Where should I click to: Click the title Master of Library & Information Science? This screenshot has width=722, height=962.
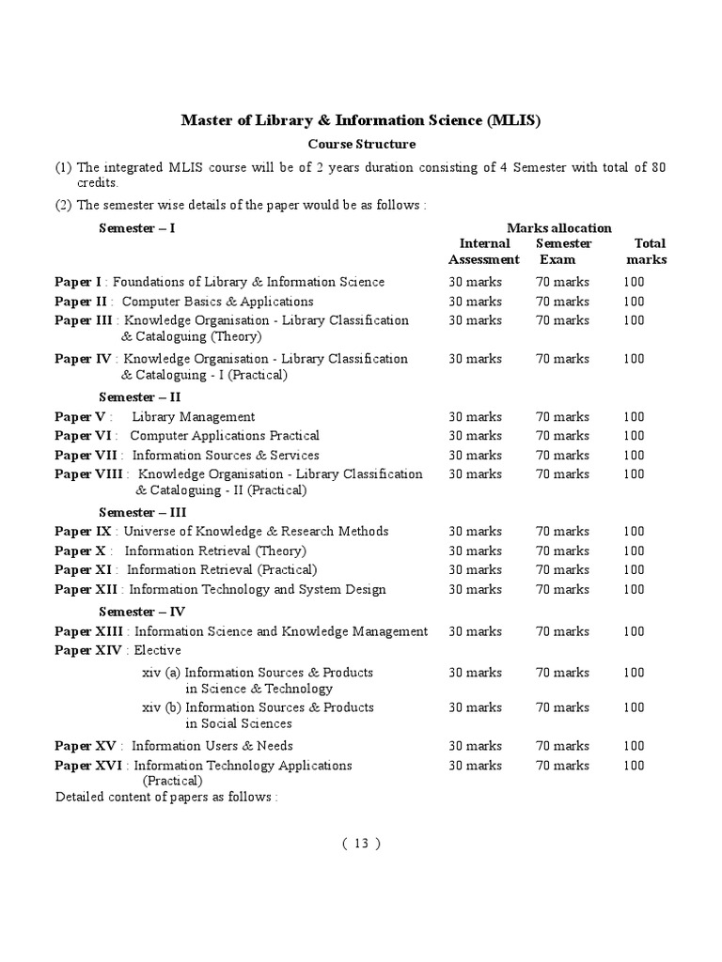point(361,121)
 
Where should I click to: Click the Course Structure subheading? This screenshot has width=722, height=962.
point(362,145)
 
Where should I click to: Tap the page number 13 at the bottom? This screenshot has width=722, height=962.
point(361,843)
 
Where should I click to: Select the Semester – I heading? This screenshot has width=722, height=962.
point(137,228)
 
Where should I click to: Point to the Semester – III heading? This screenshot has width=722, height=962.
point(143,512)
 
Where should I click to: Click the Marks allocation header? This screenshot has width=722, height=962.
point(558,228)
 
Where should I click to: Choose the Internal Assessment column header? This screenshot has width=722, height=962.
point(483,252)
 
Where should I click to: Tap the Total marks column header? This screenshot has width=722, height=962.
point(647,252)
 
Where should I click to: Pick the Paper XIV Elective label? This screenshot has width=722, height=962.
point(118,650)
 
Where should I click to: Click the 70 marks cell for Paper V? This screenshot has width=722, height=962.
point(562,417)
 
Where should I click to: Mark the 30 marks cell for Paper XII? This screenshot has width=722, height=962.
point(475,590)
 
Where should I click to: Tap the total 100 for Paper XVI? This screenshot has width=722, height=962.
point(634,766)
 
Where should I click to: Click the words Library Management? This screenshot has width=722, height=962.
point(194,417)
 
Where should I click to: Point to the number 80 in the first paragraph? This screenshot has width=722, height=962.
point(657,167)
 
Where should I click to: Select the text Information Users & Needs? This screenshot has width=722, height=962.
point(212,746)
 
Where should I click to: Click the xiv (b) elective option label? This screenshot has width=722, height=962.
point(162,707)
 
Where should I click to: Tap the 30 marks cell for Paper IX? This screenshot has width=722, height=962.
point(475,532)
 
